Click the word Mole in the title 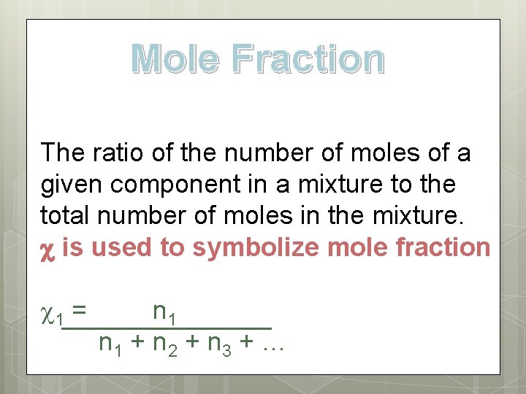click(x=175, y=60)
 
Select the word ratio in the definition click(x=113, y=153)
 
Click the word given click(x=72, y=185)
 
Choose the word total click(x=64, y=216)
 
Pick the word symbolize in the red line click(x=255, y=247)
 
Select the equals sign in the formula click(x=80, y=311)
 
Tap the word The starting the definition click(x=64, y=153)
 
